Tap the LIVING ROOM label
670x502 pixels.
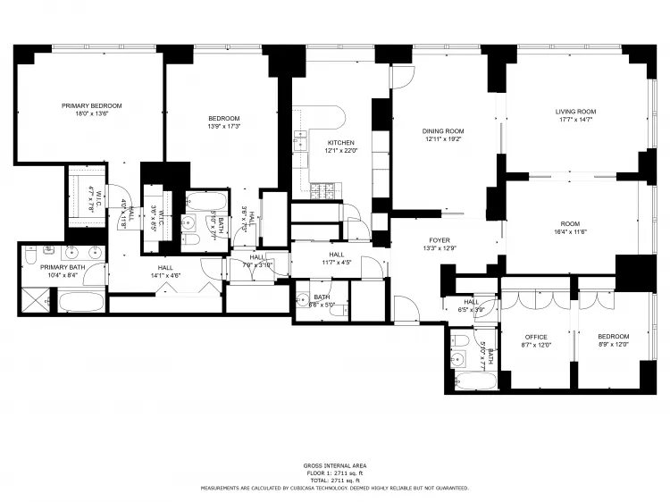[575, 111]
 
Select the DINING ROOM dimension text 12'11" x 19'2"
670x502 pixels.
[444, 140]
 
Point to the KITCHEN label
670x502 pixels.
[340, 142]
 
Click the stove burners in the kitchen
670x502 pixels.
[322, 189]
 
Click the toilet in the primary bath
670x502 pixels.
[30, 256]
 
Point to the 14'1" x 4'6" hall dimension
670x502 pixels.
[165, 276]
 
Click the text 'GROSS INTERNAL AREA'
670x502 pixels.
[334, 466]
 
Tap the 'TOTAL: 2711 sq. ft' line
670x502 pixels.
[334, 481]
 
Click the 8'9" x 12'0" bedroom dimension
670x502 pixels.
[614, 344]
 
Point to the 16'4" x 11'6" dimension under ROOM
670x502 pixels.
[569, 232]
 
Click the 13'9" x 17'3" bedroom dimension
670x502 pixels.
[223, 126]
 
